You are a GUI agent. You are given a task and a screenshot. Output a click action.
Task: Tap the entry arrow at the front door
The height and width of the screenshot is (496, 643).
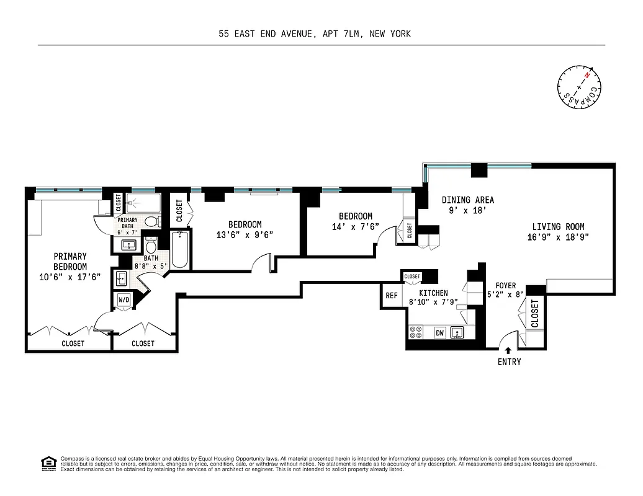point(509,352)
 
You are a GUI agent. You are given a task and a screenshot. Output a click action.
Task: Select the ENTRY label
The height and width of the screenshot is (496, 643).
point(509,362)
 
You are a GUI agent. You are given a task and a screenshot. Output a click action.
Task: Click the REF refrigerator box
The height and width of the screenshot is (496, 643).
point(392,296)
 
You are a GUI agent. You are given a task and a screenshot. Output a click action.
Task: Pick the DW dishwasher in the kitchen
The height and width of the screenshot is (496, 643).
point(439,333)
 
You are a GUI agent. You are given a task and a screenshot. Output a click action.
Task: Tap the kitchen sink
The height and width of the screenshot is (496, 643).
point(458,333)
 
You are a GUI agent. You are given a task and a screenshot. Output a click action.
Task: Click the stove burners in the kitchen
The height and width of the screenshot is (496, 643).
point(416,333)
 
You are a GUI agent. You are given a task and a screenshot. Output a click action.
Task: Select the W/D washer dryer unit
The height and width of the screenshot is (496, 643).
point(124,301)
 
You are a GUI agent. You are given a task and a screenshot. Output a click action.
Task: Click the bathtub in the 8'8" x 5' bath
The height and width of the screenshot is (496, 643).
point(179,250)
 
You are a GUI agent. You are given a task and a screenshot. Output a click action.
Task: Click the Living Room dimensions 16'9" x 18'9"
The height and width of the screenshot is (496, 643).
point(557,237)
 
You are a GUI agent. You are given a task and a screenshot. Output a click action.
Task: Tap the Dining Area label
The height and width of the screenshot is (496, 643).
point(468,200)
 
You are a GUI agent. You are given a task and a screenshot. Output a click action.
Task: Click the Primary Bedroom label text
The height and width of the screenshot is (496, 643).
point(70,261)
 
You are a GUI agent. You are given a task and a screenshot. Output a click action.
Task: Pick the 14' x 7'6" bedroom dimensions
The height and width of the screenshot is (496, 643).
point(355,227)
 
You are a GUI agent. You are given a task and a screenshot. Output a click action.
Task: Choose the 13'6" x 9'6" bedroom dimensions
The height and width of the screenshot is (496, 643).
point(245,234)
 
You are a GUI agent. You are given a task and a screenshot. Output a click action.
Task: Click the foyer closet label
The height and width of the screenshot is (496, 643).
point(535,314)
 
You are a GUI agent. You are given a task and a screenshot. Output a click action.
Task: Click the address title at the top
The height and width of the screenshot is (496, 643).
point(314,34)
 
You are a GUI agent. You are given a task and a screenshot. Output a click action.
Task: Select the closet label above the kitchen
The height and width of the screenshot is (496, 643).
point(411,277)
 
